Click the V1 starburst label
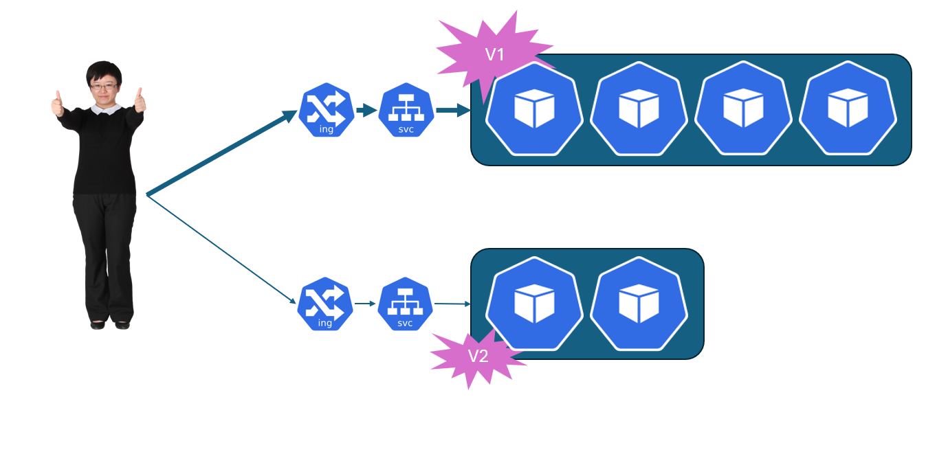click(494, 54)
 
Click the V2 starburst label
click(478, 356)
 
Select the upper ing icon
click(326, 110)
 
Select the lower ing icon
click(325, 304)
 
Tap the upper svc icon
click(406, 110)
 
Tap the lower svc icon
click(405, 304)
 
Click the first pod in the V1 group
click(535, 109)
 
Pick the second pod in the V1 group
click(639, 109)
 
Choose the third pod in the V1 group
click(743, 109)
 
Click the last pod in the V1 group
click(848, 109)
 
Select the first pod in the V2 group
click(535, 304)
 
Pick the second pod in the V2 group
click(639, 304)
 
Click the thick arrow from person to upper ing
click(220, 154)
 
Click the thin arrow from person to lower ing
click(220, 249)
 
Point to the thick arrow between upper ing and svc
click(366, 110)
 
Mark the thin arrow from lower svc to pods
click(452, 304)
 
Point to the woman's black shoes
click(110, 324)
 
